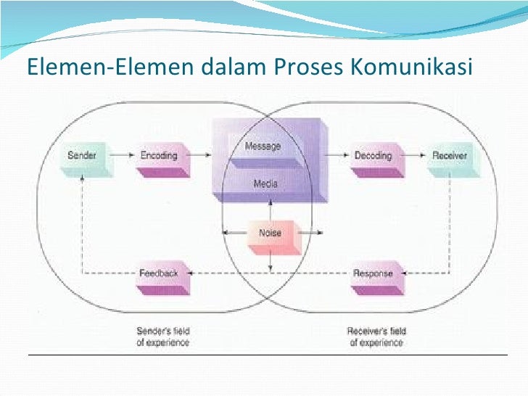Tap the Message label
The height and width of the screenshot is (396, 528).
tap(263, 146)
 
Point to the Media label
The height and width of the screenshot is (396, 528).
tap(265, 183)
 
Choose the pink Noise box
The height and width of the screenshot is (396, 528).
tap(270, 234)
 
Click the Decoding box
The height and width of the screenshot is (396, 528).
tap(373, 156)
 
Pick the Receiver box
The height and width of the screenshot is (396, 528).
tap(450, 156)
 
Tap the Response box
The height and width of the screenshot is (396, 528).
tap(373, 273)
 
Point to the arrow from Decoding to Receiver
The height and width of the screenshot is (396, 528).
tap(415, 155)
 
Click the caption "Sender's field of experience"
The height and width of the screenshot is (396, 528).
tap(162, 337)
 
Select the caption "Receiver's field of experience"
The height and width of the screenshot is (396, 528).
tap(375, 337)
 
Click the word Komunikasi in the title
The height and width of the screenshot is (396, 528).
tap(412, 67)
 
